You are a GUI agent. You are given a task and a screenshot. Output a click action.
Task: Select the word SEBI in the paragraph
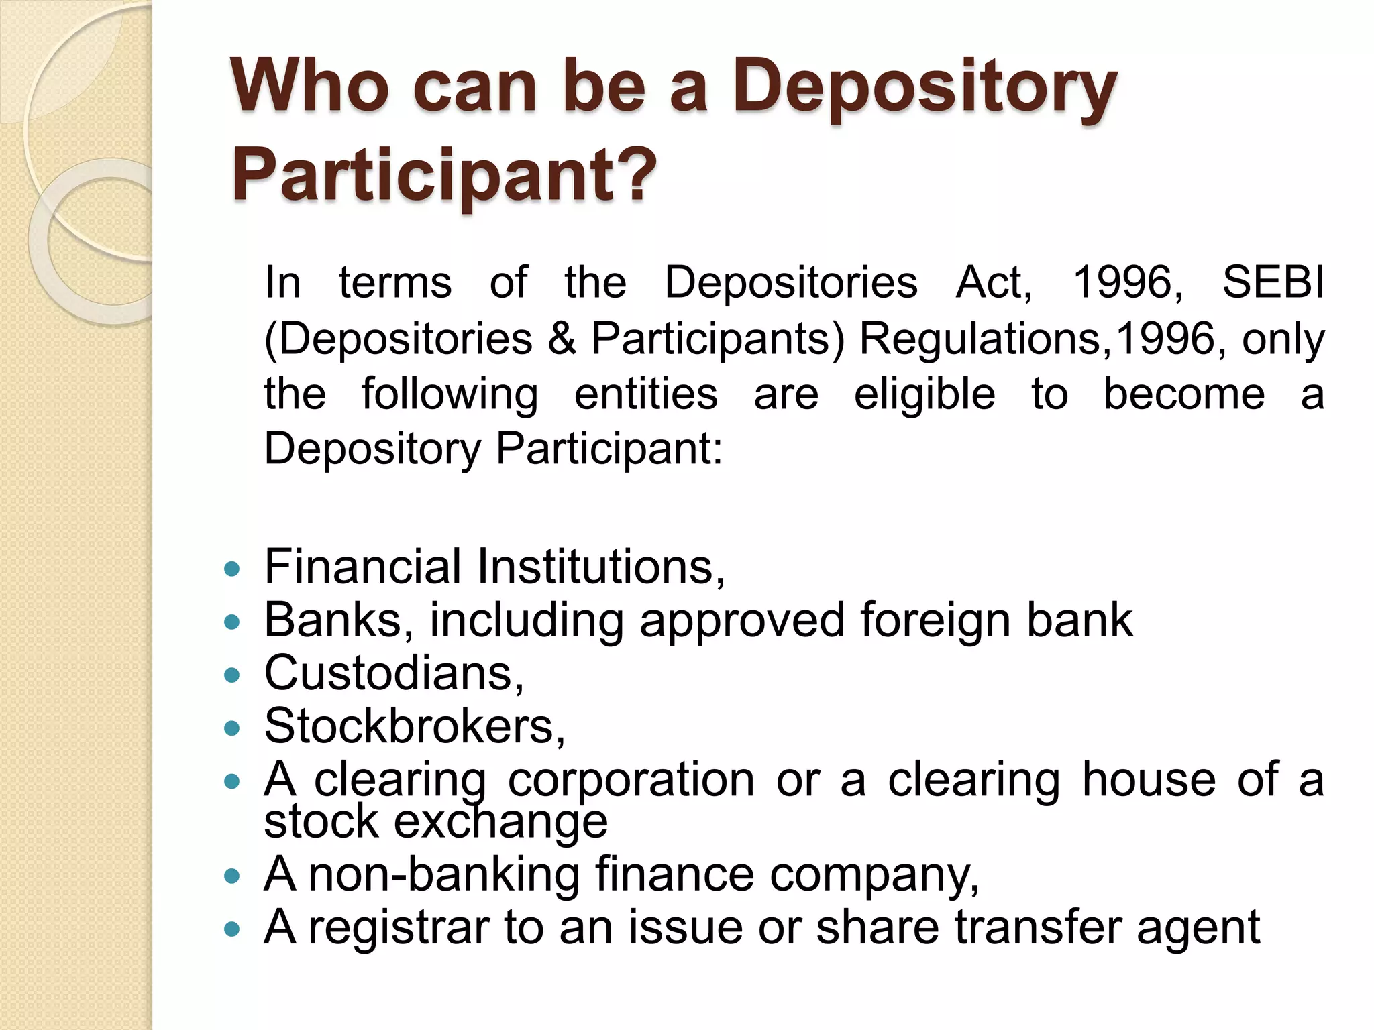coord(1273,282)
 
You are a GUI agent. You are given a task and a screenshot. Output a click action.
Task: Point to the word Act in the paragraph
coord(992,282)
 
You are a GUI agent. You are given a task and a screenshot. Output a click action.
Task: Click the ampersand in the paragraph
coord(562,338)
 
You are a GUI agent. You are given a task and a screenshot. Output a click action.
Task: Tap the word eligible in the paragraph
coord(924,394)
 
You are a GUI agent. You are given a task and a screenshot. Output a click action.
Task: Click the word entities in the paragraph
coord(646,394)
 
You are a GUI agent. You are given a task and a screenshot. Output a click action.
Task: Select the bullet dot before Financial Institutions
coord(232,570)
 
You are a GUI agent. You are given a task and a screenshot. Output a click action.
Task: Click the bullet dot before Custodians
coord(232,675)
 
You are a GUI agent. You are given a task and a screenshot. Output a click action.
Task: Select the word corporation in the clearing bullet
coord(631,780)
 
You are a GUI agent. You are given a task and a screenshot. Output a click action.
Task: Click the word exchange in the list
coord(500,821)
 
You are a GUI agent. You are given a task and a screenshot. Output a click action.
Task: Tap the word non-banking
coord(443,874)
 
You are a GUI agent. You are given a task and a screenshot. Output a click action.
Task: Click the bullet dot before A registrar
coord(232,930)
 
